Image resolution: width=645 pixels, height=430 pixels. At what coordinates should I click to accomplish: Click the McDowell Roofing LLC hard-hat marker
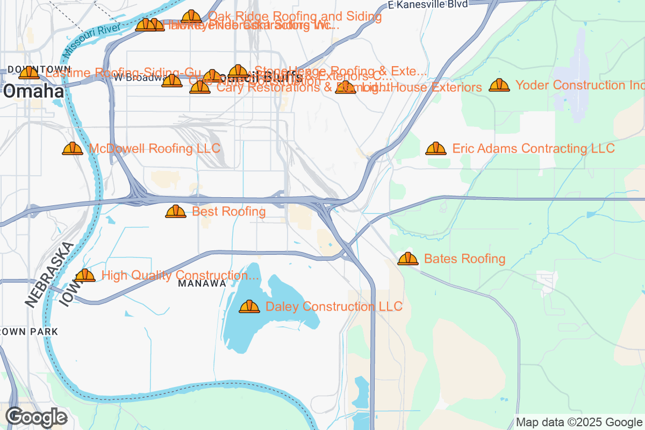(73, 149)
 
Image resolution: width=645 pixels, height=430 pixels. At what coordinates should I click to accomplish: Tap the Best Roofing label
(228, 212)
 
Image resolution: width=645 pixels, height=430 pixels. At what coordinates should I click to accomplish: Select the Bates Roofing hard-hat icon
(408, 259)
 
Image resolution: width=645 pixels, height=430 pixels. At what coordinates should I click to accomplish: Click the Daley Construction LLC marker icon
(249, 307)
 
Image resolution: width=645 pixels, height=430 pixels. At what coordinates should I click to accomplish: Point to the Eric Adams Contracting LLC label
(533, 148)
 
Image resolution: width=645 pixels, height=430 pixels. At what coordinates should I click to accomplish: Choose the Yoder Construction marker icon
(499, 85)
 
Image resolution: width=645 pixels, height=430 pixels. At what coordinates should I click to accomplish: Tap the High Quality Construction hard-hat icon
(85, 276)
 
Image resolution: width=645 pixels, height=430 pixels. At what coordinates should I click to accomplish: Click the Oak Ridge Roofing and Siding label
(295, 17)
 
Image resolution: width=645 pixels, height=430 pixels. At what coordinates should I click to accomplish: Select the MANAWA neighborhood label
(202, 283)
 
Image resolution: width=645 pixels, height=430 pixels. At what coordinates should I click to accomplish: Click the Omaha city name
(33, 91)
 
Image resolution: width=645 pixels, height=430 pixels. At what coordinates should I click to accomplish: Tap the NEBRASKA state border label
(48, 275)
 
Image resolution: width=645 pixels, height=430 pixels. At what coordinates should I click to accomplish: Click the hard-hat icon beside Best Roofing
(176, 212)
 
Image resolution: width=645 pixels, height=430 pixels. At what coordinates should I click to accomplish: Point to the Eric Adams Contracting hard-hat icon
(435, 149)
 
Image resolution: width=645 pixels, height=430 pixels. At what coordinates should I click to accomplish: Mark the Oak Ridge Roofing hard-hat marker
(191, 17)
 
